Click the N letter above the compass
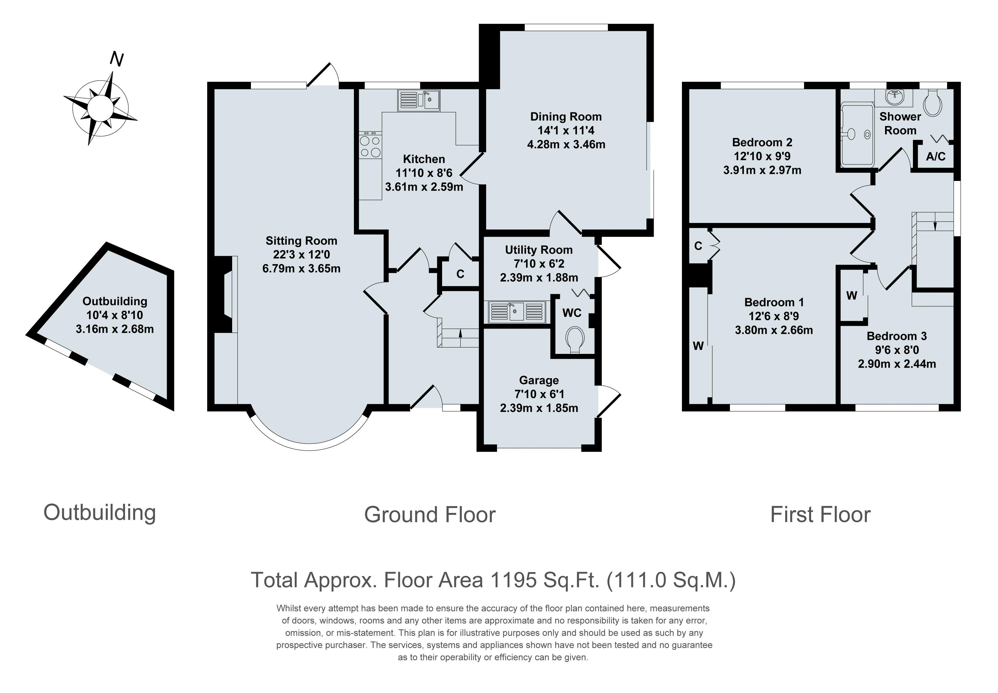[x=116, y=59]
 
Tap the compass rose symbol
[x=100, y=108]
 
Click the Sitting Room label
[x=301, y=241]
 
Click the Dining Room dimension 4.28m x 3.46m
[x=566, y=145]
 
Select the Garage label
[x=539, y=380]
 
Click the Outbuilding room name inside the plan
[x=115, y=301]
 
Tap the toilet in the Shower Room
[x=932, y=103]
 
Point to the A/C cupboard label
[x=935, y=156]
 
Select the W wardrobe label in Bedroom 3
[x=852, y=296]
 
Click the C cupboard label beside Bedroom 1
[x=698, y=246]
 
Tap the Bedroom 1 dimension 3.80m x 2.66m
[x=774, y=330]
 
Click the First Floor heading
[x=820, y=515]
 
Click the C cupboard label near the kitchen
[x=460, y=274]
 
